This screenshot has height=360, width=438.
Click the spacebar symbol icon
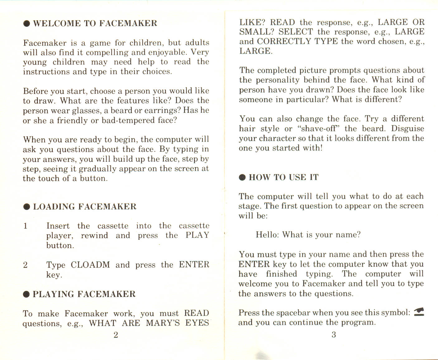419,312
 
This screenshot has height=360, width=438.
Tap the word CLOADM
90,265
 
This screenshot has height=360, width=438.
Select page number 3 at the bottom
334,335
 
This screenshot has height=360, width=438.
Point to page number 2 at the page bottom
116,335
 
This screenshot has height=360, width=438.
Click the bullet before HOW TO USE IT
242,178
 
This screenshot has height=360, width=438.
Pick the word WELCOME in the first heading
57,23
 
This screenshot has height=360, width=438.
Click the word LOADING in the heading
54,207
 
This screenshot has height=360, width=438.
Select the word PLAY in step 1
197,235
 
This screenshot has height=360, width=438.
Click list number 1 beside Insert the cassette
26,226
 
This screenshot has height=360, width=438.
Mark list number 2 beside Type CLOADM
26,265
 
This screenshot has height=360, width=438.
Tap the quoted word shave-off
319,128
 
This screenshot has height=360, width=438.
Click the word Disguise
407,128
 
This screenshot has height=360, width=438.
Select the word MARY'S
163,323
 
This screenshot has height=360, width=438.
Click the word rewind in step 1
94,235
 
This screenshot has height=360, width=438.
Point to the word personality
278,80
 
